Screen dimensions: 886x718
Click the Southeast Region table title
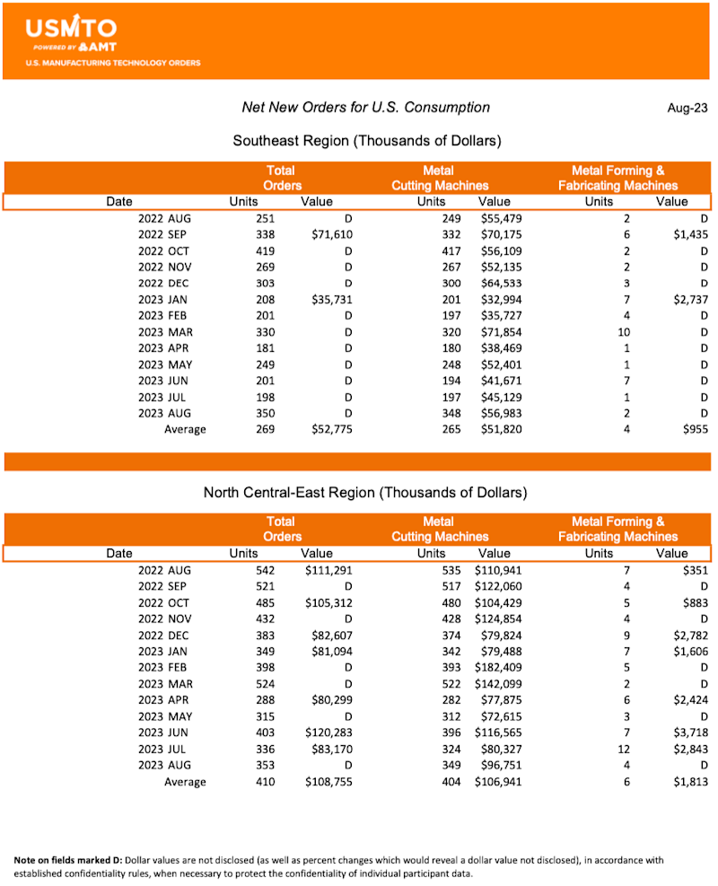(366, 141)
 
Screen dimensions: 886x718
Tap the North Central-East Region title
(364, 492)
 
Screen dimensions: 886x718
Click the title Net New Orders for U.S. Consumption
(366, 108)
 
